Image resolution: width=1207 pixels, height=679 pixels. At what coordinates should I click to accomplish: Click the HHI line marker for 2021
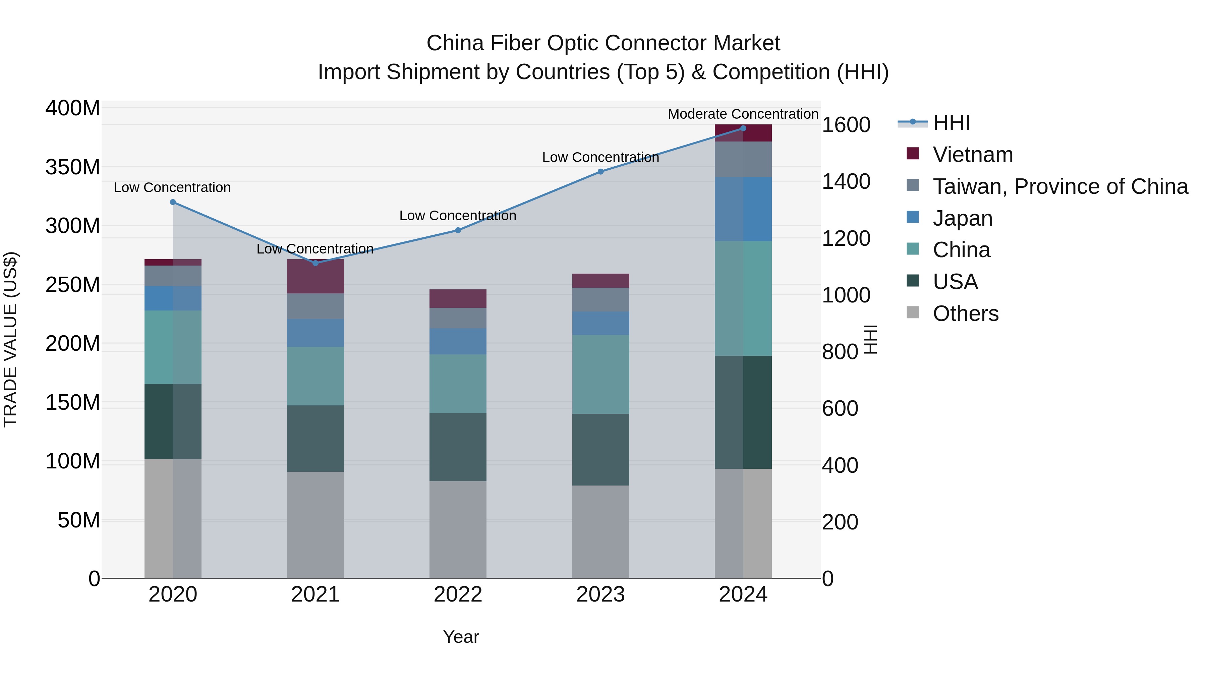click(315, 263)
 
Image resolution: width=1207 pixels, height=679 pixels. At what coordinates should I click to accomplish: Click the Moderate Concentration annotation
click(743, 114)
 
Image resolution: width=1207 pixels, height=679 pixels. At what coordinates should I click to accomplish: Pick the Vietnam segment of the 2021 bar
click(315, 277)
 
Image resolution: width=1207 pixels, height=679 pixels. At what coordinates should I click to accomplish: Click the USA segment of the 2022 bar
click(458, 447)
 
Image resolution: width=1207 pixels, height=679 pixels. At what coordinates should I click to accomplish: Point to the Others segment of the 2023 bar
click(601, 531)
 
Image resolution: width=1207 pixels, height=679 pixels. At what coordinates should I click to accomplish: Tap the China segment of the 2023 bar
click(601, 375)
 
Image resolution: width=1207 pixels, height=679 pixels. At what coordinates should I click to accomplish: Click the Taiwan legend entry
click(1060, 186)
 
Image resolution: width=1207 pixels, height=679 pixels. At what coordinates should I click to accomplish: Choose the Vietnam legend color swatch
click(913, 154)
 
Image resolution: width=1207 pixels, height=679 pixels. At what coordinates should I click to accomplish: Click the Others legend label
click(965, 314)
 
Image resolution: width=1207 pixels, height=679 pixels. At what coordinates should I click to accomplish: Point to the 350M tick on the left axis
click(73, 167)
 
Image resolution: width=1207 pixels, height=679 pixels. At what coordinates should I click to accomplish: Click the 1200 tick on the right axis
click(846, 238)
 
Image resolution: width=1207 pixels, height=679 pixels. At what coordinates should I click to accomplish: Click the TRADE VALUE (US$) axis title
click(11, 339)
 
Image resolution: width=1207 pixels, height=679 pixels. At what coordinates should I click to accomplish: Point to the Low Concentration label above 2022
click(458, 216)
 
